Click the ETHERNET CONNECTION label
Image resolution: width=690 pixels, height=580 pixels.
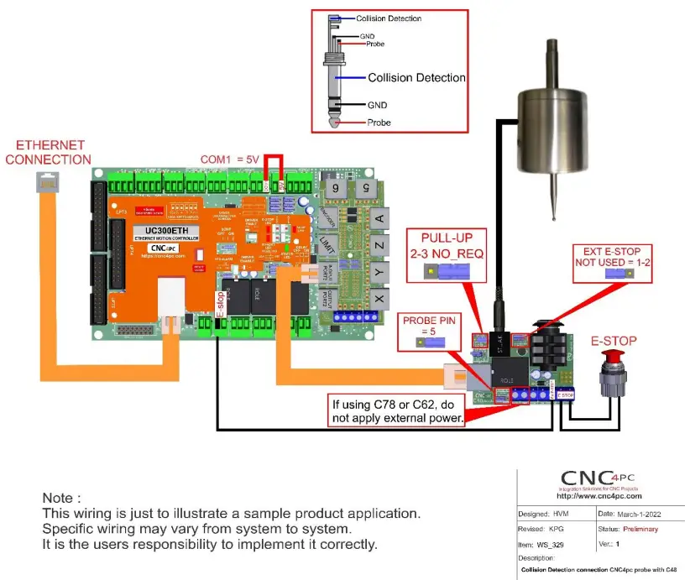[48, 152]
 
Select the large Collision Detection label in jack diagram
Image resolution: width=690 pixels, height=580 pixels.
[416, 78]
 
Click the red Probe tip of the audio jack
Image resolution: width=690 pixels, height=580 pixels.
[335, 123]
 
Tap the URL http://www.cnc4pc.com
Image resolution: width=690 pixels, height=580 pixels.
[600, 496]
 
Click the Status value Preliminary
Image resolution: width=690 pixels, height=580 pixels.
[640, 529]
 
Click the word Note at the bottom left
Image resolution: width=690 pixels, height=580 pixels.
[62, 498]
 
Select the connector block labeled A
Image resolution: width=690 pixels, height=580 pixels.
[379, 219]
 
